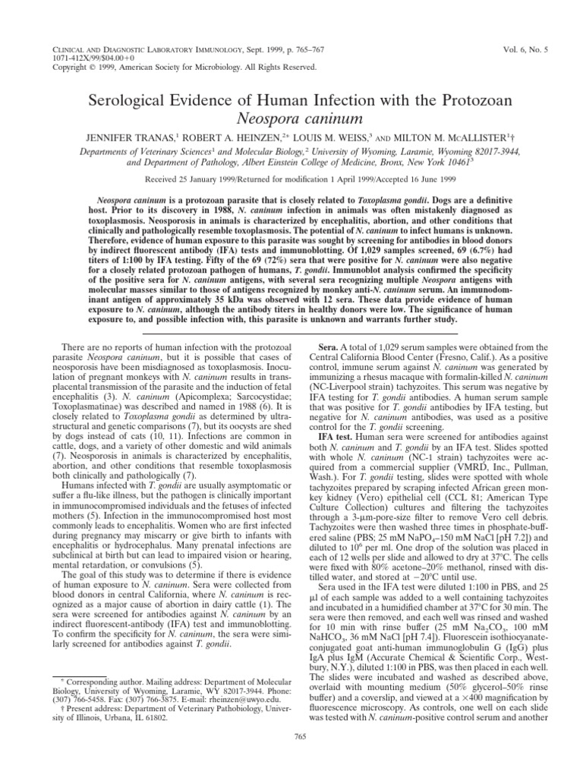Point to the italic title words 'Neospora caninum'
[x=291, y=119]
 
